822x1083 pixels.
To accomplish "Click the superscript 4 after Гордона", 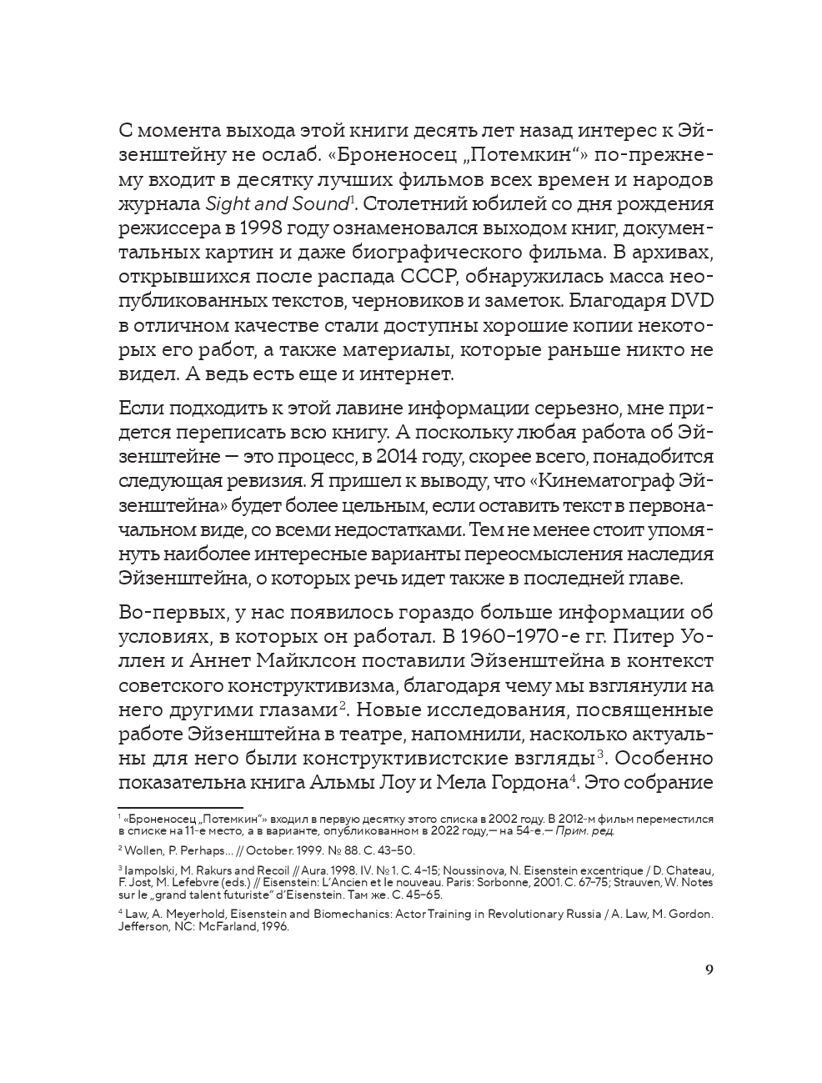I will (x=574, y=779).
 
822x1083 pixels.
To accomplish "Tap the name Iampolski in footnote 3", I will (x=149, y=870).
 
